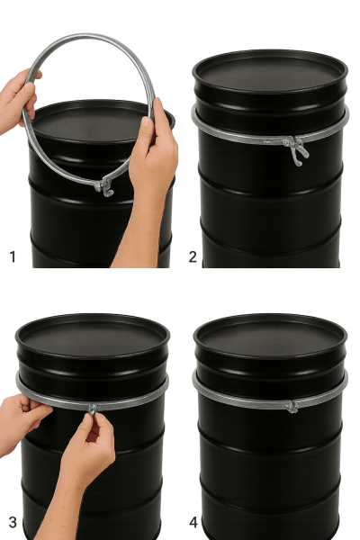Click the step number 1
pos(13,256)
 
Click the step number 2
pos(193,256)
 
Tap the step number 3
pos(13,522)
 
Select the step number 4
pos(193,522)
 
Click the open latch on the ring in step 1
pos(104,187)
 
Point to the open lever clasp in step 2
pos(296,149)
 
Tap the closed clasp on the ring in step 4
pos(291,407)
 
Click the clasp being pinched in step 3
pos(93,409)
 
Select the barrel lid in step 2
pos(270,72)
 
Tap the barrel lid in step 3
pos(93,336)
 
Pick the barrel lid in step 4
pos(270,336)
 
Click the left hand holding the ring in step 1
pos(17,100)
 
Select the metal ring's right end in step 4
pos(345,382)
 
